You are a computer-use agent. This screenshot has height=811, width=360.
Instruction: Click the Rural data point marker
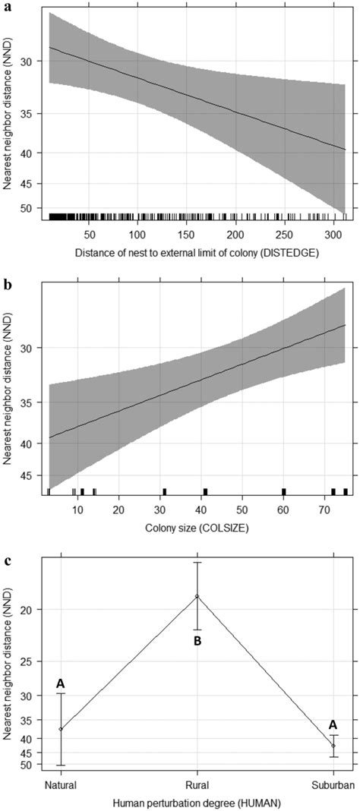coord(197,596)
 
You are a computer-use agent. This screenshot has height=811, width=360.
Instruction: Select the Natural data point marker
coord(61,729)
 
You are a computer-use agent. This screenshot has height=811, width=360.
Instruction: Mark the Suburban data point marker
coord(333,746)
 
